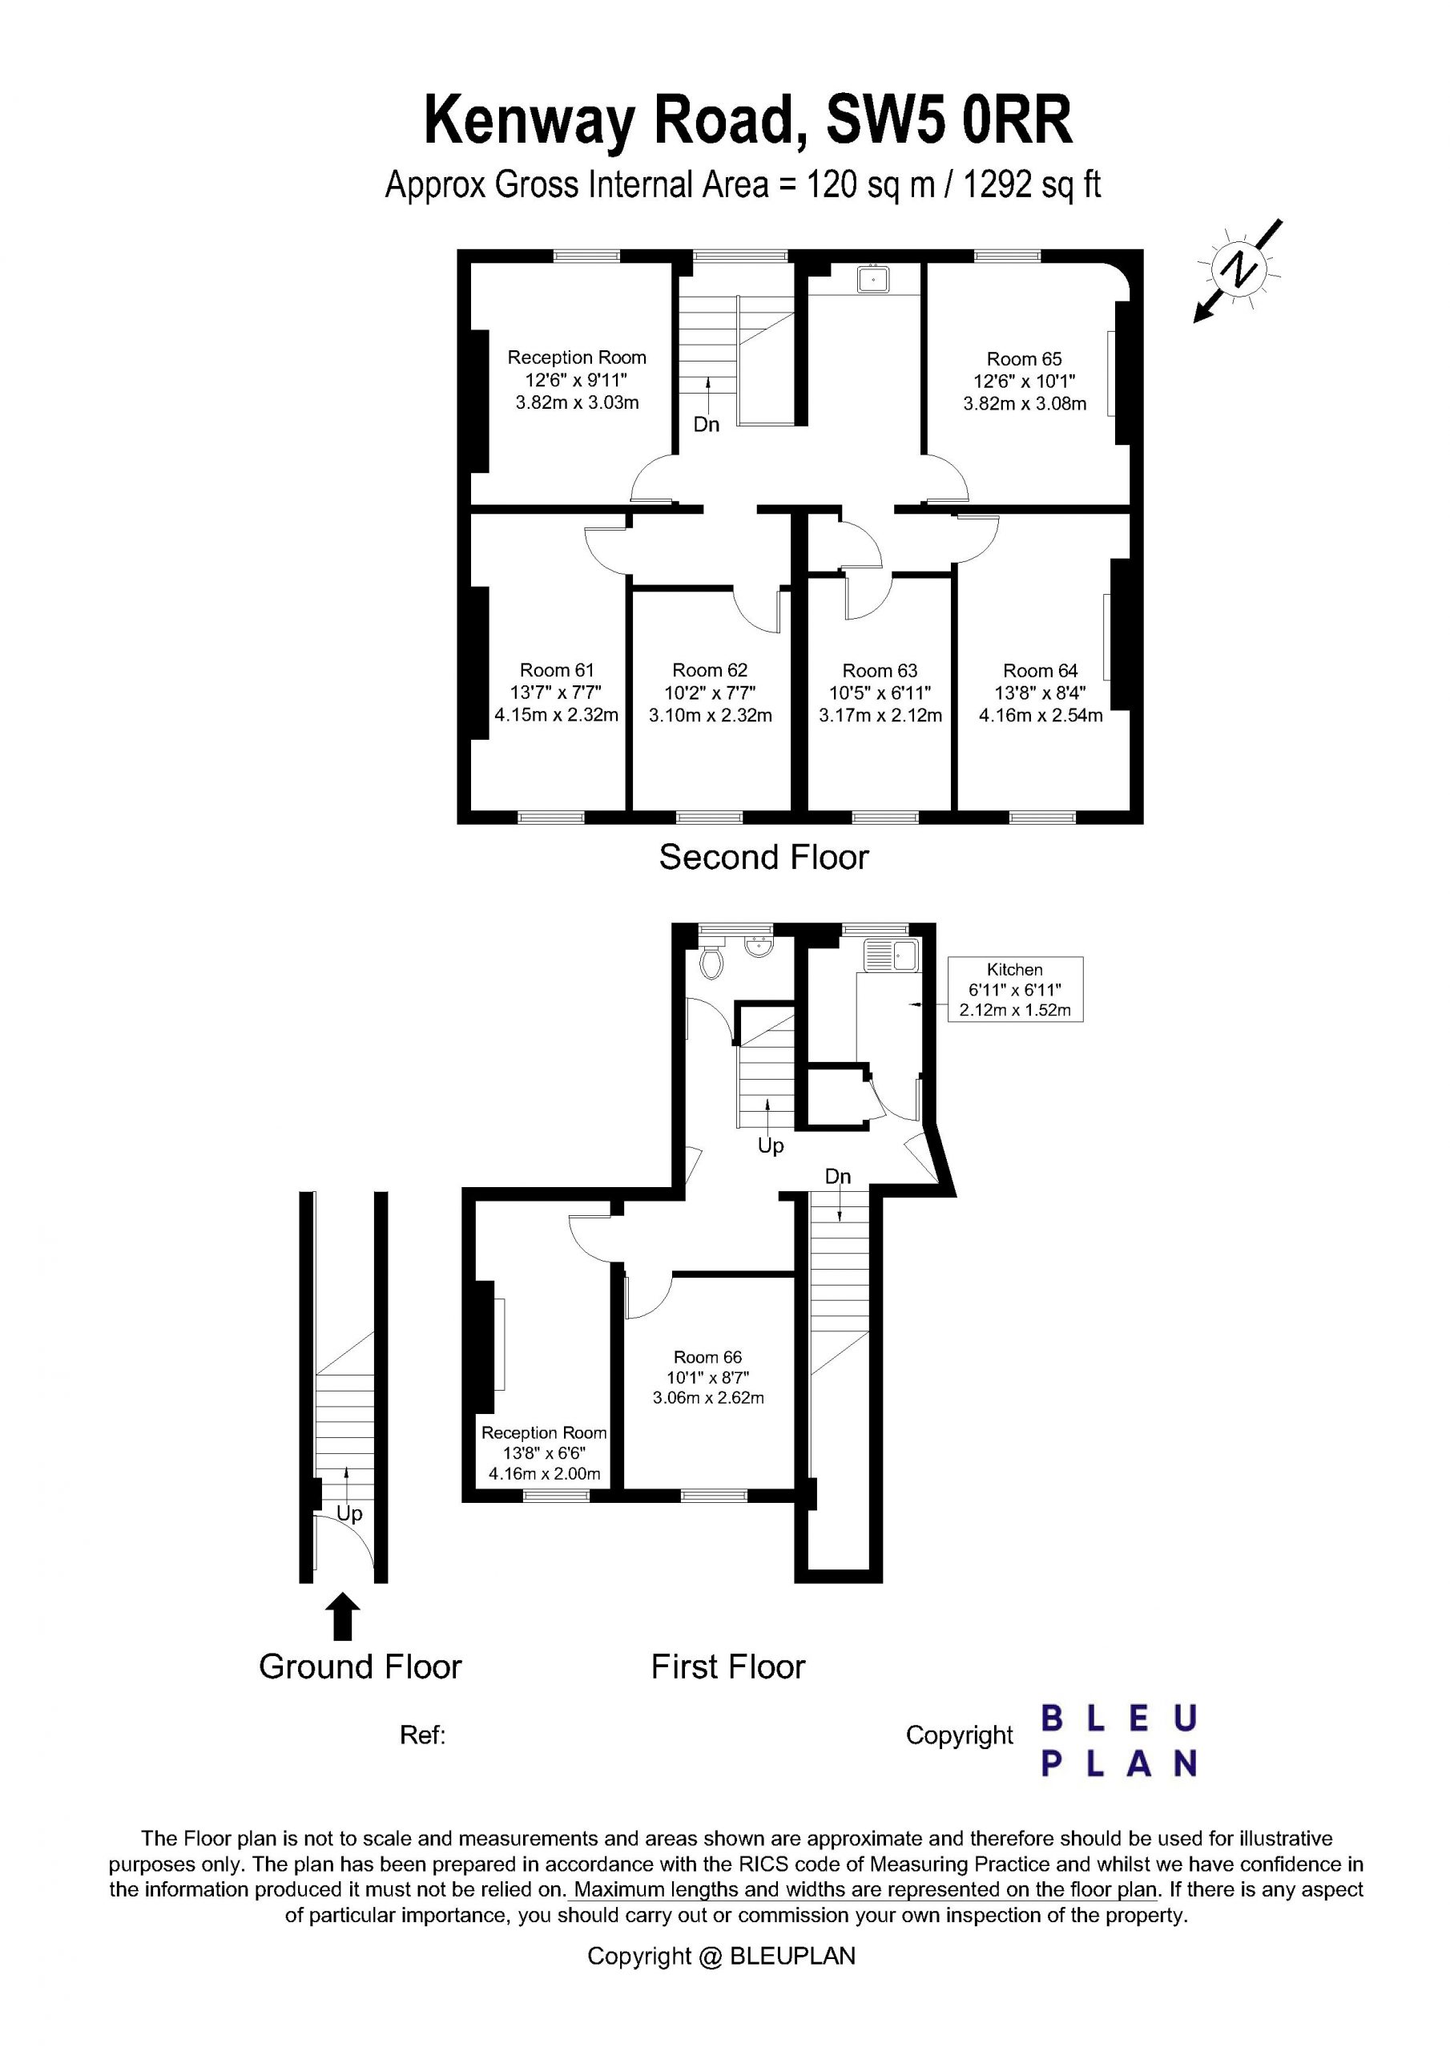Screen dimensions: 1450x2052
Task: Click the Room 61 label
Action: (557, 670)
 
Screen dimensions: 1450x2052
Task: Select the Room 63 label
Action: (880, 671)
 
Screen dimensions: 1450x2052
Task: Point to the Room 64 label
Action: (1040, 671)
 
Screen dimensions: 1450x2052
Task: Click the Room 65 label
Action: (1024, 359)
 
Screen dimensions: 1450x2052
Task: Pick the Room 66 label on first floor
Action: (707, 1358)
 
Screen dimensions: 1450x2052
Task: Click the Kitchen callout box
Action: (1015, 989)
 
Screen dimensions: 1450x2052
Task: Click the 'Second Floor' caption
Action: (764, 857)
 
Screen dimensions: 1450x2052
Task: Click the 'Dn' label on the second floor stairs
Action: (706, 425)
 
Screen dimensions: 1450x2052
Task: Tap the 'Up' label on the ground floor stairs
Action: (349, 1514)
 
